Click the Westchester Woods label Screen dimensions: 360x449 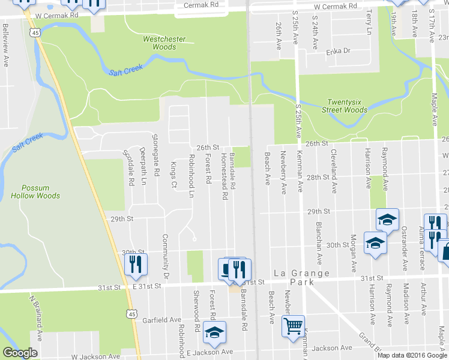164,43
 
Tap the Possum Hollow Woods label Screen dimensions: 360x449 35,191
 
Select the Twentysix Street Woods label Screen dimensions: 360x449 348,106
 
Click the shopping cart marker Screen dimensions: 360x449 294,326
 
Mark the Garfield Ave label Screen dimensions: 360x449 161,320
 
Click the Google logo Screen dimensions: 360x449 20,353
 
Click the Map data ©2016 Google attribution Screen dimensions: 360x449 412,355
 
